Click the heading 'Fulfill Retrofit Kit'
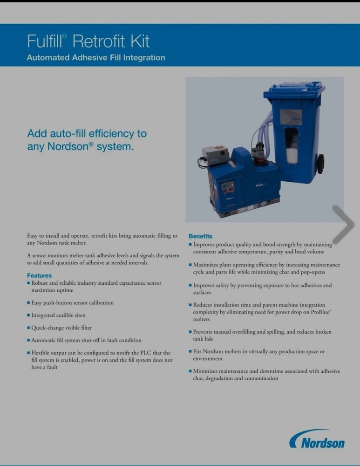tap(88, 41)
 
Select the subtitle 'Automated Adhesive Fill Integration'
tap(96, 58)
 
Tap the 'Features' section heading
tap(39, 275)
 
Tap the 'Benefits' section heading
tap(200, 236)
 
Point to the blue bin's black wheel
tap(320, 164)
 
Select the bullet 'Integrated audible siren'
tap(58, 315)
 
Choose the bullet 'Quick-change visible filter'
tap(61, 328)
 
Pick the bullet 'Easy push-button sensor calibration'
tap(72, 303)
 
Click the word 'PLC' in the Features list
tap(146, 353)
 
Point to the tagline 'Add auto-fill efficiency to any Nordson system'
tap(87, 140)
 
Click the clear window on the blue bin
tap(292, 144)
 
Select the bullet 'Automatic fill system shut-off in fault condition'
tap(86, 340)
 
